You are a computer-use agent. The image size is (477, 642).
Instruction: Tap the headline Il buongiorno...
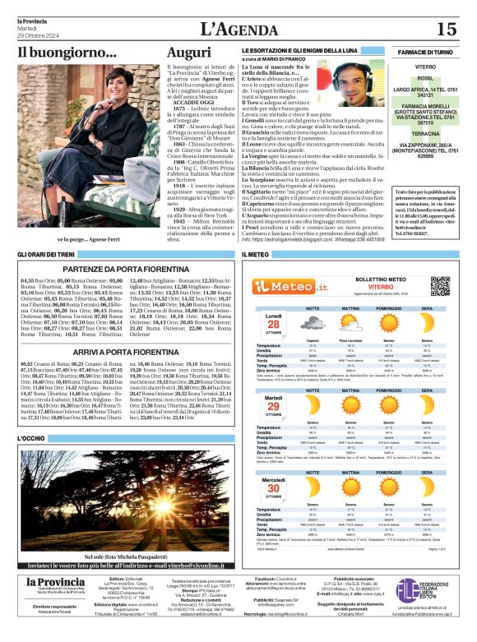(x=68, y=53)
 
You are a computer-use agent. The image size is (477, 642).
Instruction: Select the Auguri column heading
(x=188, y=53)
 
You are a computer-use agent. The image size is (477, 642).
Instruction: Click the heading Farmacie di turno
(x=425, y=52)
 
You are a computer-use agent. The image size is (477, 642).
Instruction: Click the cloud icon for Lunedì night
(x=313, y=322)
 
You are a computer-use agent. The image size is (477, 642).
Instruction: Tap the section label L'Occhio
(x=32, y=439)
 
